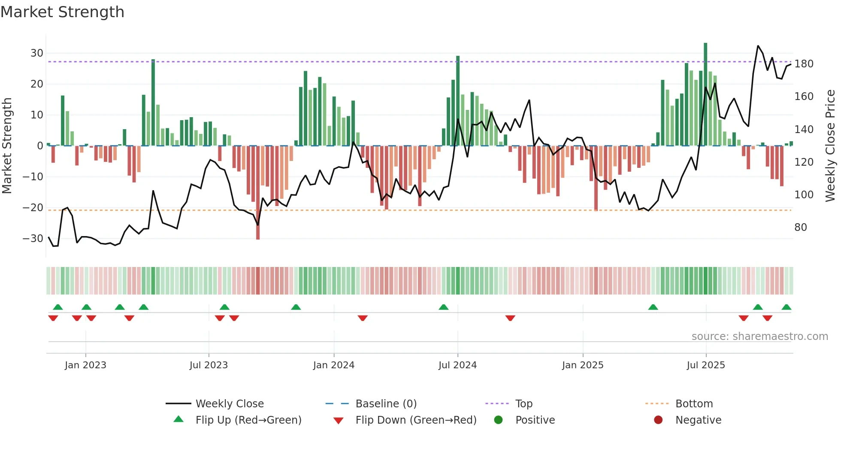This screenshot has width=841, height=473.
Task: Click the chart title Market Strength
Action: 62,12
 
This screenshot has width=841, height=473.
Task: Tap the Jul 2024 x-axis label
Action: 457,365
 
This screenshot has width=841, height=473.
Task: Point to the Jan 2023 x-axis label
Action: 85,365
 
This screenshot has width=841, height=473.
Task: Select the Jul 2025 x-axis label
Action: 706,365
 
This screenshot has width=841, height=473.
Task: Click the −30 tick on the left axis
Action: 33,239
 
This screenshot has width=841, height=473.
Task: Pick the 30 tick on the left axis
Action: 36,53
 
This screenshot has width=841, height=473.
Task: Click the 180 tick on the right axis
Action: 804,64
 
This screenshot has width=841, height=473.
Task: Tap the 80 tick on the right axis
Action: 801,227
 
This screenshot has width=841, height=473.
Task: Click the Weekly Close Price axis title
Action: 830,146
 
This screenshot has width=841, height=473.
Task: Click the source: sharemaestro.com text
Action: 759,337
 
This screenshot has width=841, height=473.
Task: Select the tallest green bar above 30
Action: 705,94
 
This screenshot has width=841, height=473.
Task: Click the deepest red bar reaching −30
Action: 258,193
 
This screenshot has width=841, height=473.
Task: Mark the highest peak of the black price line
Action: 758,46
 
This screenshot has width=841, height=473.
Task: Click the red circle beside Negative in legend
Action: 658,420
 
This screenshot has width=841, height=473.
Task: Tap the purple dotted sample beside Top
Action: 497,404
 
